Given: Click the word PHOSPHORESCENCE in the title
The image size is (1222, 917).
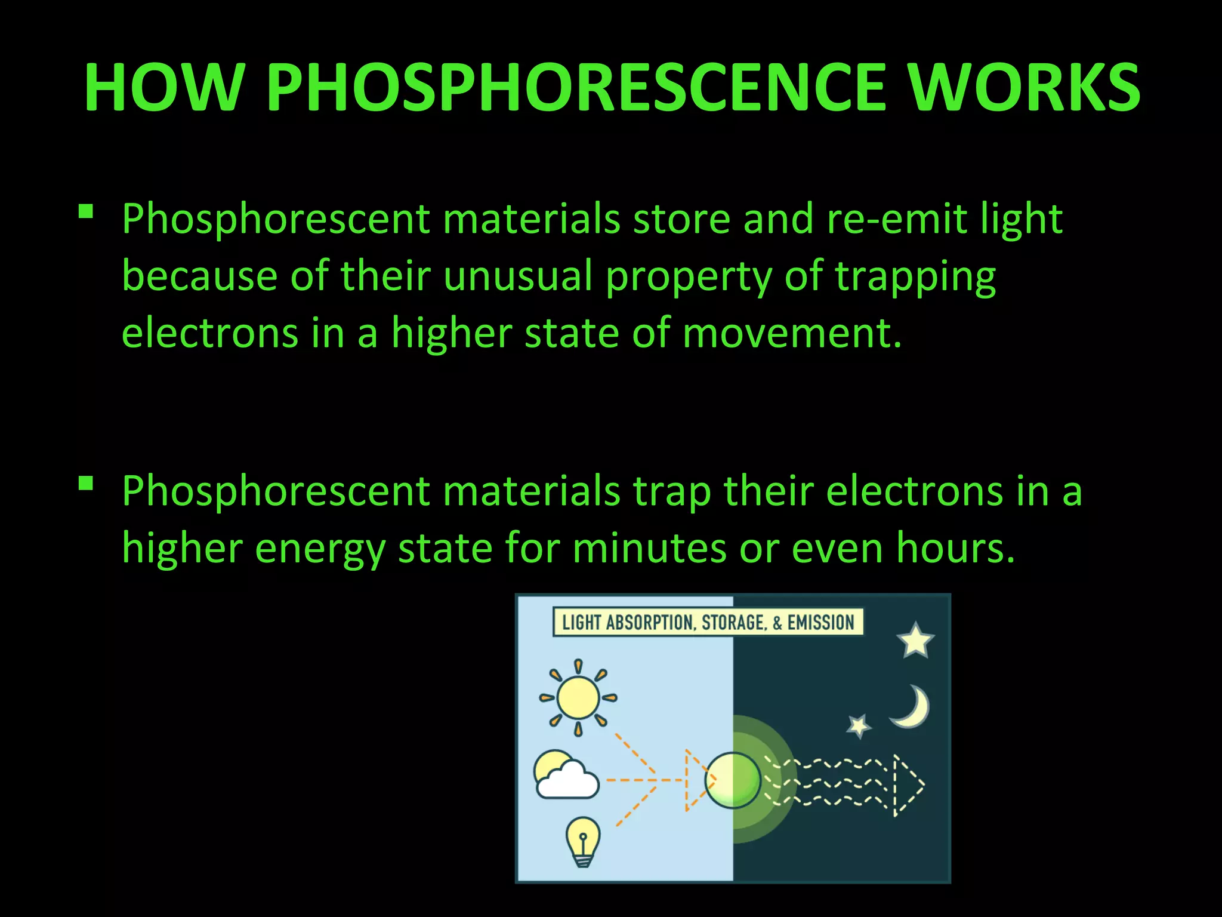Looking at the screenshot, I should (x=576, y=87).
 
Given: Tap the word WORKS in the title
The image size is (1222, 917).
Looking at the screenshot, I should (x=1024, y=87).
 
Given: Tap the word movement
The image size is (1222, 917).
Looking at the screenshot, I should (x=792, y=333).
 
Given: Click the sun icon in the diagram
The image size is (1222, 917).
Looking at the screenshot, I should (x=578, y=697).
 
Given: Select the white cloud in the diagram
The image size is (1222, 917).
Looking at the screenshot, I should (x=568, y=781).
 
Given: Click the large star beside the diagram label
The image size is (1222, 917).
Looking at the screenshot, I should (x=915, y=641).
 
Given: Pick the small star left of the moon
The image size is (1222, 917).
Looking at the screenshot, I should (x=859, y=726).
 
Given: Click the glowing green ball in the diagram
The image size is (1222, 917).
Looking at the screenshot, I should (x=733, y=780).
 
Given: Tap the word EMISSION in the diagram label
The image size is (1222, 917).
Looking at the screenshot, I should (x=821, y=623).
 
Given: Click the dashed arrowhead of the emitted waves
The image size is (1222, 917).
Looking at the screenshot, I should (x=908, y=785).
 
